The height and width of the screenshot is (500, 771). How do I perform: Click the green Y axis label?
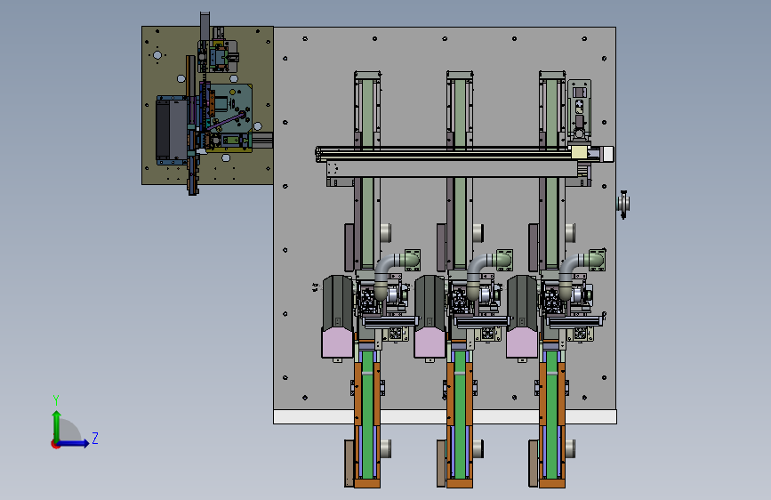[x=56, y=399]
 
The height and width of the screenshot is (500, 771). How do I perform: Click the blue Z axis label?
[x=95, y=438]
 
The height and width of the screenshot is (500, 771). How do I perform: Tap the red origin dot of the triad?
[x=54, y=444]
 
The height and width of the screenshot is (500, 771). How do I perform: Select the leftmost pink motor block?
[x=337, y=343]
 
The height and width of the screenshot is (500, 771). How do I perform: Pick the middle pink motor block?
[x=430, y=343]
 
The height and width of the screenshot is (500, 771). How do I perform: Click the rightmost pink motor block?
[x=522, y=343]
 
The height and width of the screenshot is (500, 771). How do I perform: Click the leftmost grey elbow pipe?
[x=387, y=273]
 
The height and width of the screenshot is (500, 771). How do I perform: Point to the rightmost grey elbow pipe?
[x=572, y=273]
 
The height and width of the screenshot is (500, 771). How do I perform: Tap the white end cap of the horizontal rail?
[x=607, y=154]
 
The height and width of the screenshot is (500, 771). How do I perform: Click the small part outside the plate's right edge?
[x=623, y=203]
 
